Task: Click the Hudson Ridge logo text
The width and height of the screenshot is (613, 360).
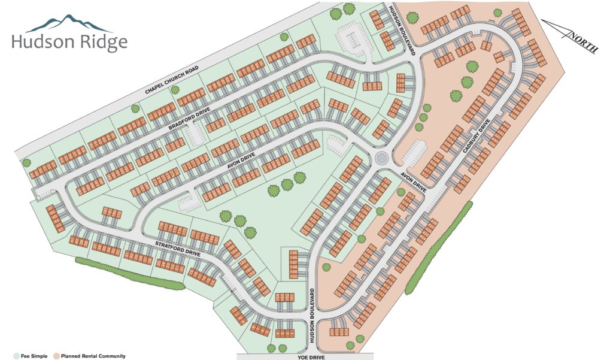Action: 69,42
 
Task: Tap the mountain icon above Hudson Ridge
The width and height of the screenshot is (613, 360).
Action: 69,23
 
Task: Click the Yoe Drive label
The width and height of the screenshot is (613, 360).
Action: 305,356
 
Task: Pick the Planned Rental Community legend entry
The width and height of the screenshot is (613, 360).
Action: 90,356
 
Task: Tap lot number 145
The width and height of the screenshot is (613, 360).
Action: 293,254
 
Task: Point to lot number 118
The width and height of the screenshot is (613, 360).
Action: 400,76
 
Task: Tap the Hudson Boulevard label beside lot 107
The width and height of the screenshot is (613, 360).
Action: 402,30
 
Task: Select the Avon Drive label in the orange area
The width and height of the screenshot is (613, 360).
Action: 413,180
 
